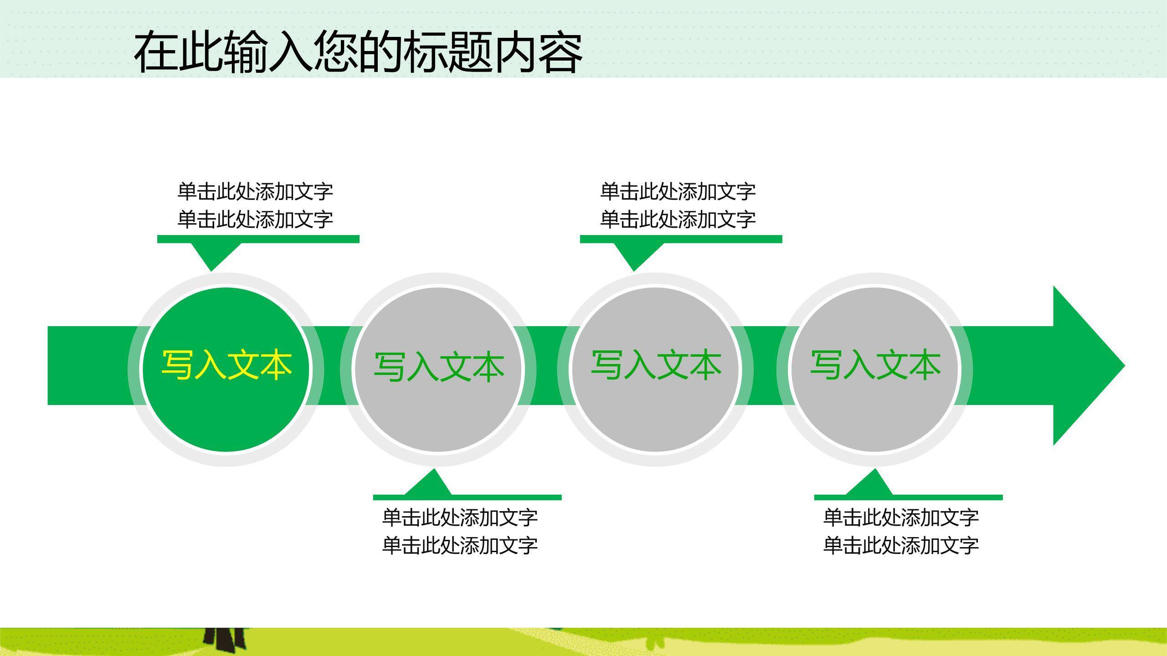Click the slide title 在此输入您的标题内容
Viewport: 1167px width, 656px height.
pos(358,52)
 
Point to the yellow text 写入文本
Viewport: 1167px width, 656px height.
pos(226,365)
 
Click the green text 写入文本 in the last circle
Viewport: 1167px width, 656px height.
pos(875,365)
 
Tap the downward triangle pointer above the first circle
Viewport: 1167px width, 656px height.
pos(212,255)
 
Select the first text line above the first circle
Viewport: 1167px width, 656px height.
pos(255,191)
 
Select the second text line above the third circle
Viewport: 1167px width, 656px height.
pos(678,220)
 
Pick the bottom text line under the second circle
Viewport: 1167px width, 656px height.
pos(459,545)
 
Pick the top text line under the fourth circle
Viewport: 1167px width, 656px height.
pos(900,518)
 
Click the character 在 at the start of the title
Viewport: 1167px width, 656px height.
pos(155,52)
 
